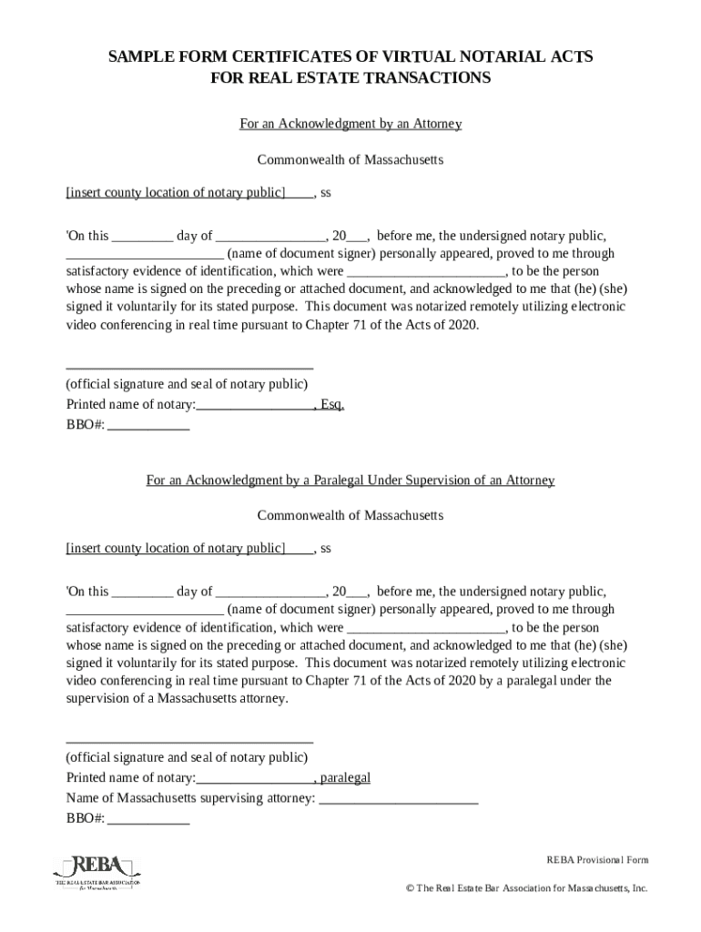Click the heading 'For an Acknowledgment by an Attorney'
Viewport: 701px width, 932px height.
click(350, 124)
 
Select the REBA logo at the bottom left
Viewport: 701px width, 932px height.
click(97, 874)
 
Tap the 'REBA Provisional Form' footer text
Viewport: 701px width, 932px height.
click(597, 860)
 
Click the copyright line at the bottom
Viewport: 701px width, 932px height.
click(527, 888)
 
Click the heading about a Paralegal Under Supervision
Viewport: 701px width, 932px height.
click(350, 480)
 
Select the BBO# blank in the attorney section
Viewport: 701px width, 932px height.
click(148, 425)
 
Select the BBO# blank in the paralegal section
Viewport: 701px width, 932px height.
click(148, 819)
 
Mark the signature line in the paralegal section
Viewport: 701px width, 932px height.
click(190, 742)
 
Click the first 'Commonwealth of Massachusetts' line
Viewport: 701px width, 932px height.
click(350, 160)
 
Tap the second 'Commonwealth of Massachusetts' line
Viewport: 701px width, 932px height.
click(350, 516)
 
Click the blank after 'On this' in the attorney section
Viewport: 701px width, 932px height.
click(142, 237)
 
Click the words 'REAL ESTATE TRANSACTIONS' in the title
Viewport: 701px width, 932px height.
click(350, 78)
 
